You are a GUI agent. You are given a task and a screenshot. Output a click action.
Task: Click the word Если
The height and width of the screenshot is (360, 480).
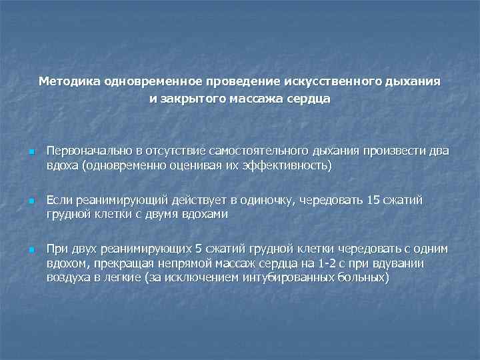pyautogui.click(x=59, y=201)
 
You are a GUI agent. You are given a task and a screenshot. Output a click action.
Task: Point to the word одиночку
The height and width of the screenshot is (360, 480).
pyautogui.click(x=261, y=201)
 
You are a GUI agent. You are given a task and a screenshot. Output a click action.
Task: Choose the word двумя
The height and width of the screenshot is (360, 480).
pyautogui.click(x=169, y=214)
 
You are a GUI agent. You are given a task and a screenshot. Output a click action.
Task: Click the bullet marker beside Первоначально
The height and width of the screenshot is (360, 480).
pyautogui.click(x=31, y=151)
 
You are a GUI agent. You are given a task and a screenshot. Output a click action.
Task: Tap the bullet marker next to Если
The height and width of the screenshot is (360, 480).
pyautogui.click(x=31, y=201)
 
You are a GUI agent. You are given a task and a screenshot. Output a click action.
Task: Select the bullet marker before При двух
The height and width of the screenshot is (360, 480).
pyautogui.click(x=31, y=250)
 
